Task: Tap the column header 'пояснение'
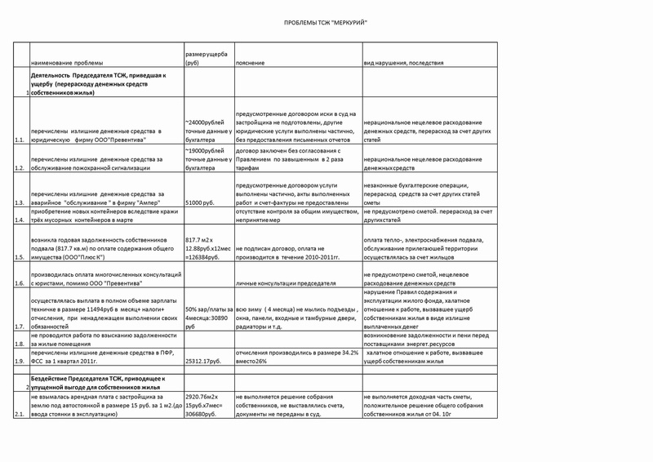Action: coord(249,63)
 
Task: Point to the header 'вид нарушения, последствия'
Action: coord(404,63)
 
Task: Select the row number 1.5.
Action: coord(20,256)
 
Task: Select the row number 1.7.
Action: coord(20,326)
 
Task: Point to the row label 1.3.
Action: coord(20,202)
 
